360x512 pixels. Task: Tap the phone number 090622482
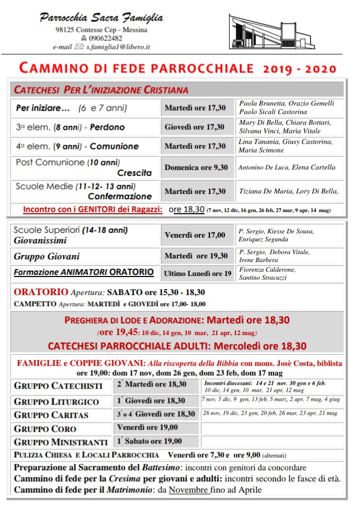(x=105, y=38)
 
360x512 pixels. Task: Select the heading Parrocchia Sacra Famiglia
(x=101, y=18)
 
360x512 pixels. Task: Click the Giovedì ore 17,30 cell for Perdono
(x=194, y=127)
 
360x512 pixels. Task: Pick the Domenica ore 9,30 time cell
(x=196, y=167)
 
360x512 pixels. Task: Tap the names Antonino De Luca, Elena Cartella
(x=287, y=167)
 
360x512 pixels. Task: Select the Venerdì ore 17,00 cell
(x=195, y=234)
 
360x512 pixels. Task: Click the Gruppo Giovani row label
(x=47, y=256)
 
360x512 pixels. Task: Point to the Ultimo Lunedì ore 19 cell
(x=197, y=273)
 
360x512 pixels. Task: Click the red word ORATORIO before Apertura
(x=41, y=292)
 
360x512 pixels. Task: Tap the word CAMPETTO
(x=35, y=304)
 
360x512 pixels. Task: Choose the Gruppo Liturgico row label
(x=56, y=401)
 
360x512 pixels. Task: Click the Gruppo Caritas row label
(x=51, y=415)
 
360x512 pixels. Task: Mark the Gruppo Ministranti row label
(x=61, y=442)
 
